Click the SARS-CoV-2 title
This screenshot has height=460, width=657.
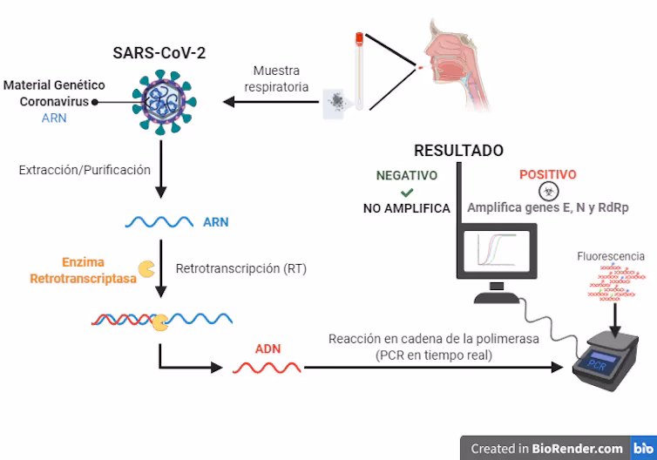(159, 52)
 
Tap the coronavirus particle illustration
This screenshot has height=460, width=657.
(160, 103)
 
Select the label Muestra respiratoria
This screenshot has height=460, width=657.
(276, 78)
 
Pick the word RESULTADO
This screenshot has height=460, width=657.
(458, 151)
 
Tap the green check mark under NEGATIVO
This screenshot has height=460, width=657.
(406, 192)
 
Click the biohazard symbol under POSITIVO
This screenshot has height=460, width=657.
(548, 192)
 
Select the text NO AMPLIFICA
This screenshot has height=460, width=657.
(407, 209)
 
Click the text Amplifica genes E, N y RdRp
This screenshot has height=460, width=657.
(548, 209)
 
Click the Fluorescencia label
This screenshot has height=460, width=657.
(611, 256)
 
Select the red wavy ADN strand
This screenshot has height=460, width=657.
(267, 367)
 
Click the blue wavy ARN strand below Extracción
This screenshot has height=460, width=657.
(159, 222)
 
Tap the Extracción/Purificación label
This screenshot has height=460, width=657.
(85, 170)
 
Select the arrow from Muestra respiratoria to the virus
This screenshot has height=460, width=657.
(270, 103)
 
